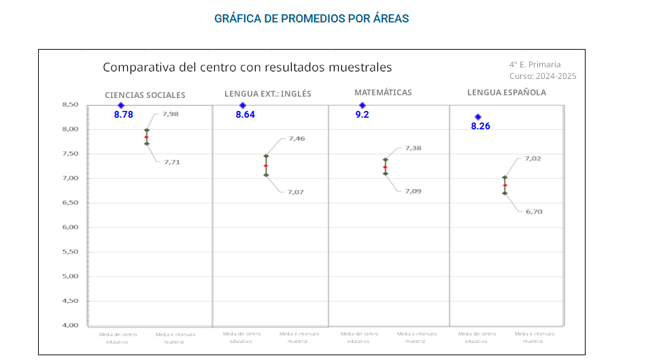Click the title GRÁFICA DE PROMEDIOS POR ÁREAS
click(311, 18)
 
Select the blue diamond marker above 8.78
click(121, 105)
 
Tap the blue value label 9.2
click(362, 115)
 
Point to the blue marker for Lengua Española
click(478, 117)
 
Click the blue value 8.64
click(246, 115)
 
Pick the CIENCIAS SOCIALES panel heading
click(145, 95)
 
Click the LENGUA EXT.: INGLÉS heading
click(268, 94)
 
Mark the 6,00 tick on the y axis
click(69, 227)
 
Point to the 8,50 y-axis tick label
click(69, 105)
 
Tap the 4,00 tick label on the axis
click(69, 325)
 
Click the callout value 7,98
click(170, 114)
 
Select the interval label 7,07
click(295, 192)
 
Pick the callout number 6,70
click(534, 212)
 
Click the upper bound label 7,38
click(413, 148)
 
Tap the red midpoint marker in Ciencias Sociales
click(146, 137)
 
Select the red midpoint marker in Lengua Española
click(505, 185)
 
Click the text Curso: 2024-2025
click(542, 76)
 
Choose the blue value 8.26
click(480, 126)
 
